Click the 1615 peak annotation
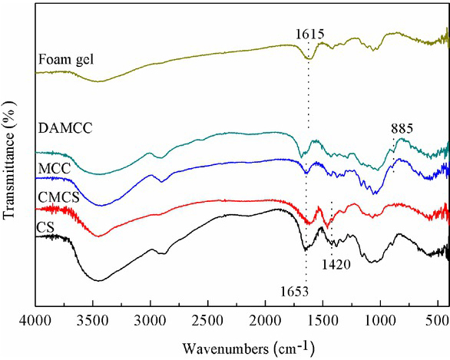pos(309,34)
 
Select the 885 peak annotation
pos(401,128)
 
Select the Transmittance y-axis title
pos(10,161)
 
